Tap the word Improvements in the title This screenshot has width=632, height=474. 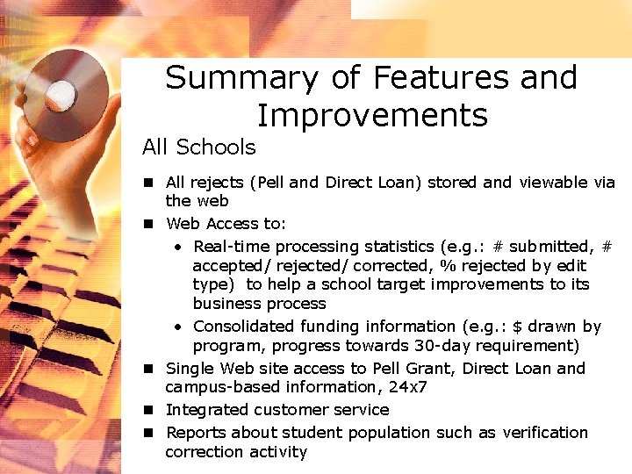(371, 115)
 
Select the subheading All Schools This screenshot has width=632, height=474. (199, 147)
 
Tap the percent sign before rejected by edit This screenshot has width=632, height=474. (449, 266)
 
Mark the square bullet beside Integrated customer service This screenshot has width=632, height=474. (150, 410)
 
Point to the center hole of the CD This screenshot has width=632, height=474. (62, 91)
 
